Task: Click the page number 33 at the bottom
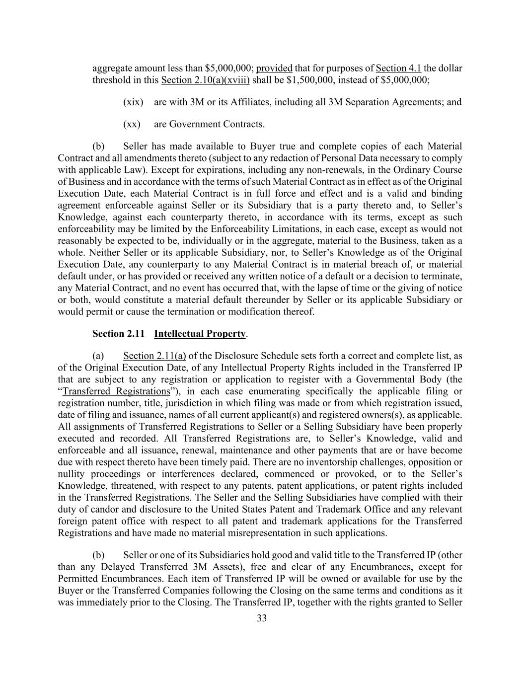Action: pyautogui.click(x=262, y=618)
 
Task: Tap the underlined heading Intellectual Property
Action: pyautogui.click(x=200, y=334)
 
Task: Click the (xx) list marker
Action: pyautogui.click(x=132, y=124)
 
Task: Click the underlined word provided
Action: pyautogui.click(x=274, y=68)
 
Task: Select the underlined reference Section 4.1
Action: pyautogui.click(x=398, y=68)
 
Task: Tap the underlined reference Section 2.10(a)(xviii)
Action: pyautogui.click(x=206, y=80)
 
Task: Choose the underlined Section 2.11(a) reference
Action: pyautogui.click(x=154, y=356)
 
